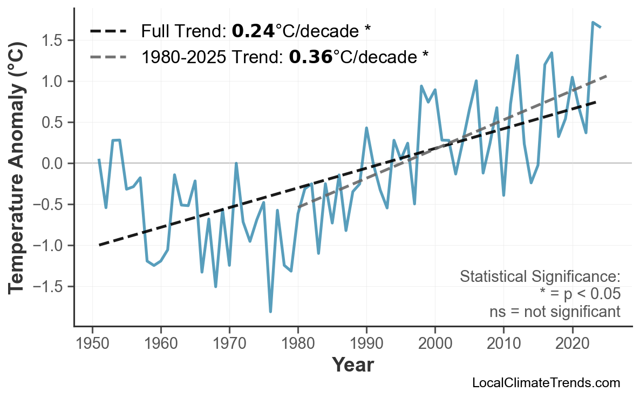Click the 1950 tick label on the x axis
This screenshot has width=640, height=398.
pos(92,345)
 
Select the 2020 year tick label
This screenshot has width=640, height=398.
pos(572,345)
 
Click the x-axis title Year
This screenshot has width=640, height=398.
pos(352,365)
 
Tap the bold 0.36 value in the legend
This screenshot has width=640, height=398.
pos(310,56)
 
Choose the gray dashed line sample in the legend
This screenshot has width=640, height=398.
pos(108,56)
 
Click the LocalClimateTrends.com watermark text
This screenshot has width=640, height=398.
pos(546,383)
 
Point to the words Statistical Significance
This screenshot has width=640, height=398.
pos(540,277)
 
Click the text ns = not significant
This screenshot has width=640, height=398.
pos(555,312)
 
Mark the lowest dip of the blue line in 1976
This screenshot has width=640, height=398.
pos(270,312)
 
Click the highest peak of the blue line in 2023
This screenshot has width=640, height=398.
pos(593,22)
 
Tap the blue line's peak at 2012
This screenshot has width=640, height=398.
pos(517,55)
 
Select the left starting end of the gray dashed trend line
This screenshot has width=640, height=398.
pos(298,207)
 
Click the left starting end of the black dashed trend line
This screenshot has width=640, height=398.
pos(99,245)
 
